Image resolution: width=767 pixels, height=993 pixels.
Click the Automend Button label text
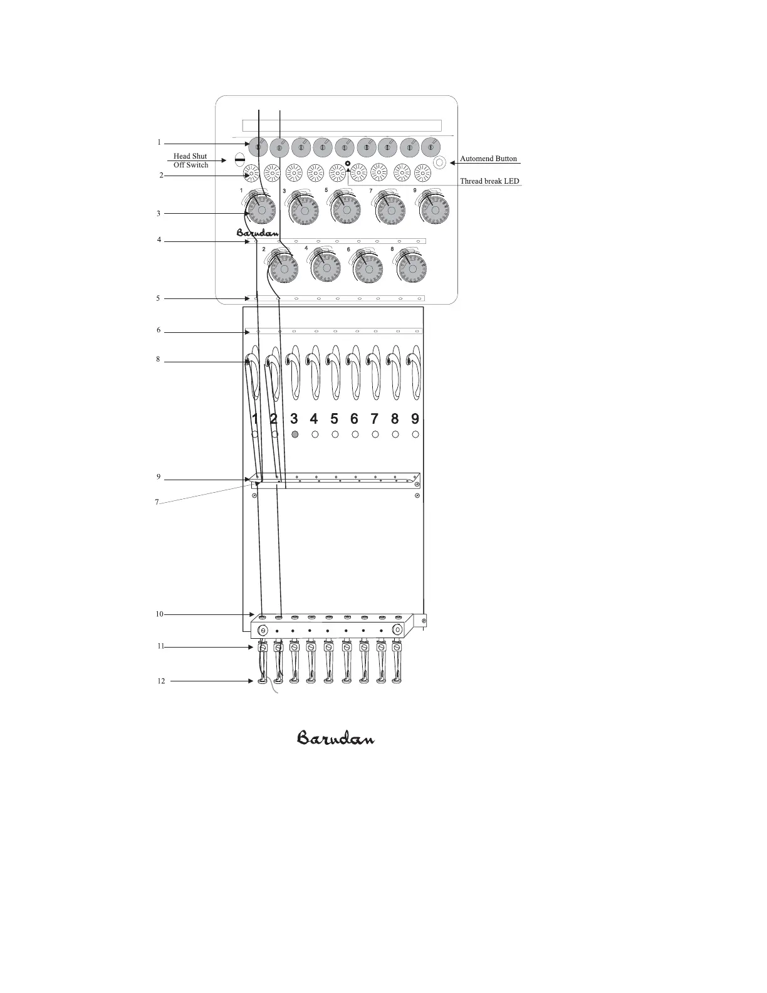[488, 159]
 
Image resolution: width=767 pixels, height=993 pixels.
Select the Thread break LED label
[489, 181]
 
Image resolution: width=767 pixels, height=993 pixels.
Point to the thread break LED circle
[348, 164]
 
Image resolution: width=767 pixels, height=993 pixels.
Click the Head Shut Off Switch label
[190, 160]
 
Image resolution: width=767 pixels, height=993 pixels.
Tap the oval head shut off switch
[239, 160]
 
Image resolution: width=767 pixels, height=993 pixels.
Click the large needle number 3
[294, 418]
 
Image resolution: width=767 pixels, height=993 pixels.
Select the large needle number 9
[415, 418]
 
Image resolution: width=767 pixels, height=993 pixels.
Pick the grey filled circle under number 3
[295, 434]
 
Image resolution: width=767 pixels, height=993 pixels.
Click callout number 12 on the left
[161, 681]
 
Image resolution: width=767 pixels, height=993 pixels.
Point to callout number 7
[157, 502]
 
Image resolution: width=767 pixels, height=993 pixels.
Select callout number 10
[160, 614]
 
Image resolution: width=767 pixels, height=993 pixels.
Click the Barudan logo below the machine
[336, 738]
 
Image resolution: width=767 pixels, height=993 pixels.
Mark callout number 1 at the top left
[159, 142]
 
